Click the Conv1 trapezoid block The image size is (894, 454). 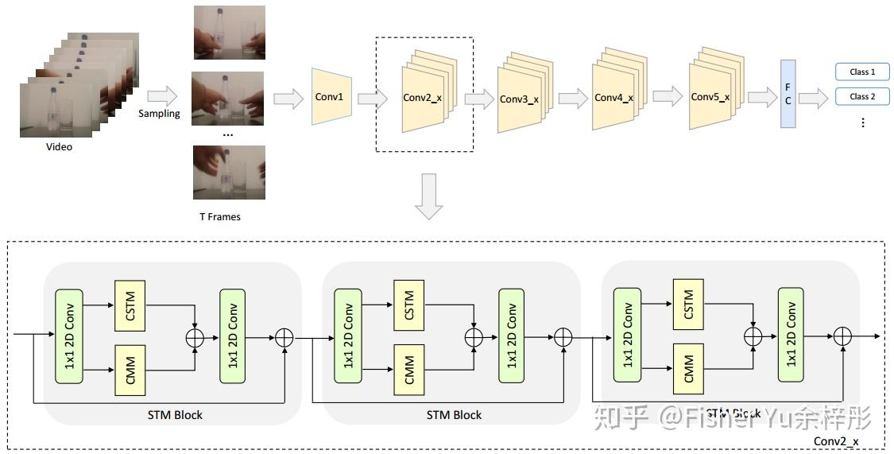click(329, 97)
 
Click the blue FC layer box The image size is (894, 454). click(788, 94)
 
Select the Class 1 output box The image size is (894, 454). click(862, 72)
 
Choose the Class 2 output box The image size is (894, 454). click(862, 97)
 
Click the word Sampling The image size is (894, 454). click(159, 114)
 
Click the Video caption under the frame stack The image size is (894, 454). click(59, 147)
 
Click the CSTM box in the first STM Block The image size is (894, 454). click(130, 305)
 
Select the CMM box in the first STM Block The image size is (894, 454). click(130, 369)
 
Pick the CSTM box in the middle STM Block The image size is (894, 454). click(409, 305)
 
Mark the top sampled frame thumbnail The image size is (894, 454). click(229, 33)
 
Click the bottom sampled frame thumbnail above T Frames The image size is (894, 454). click(229, 172)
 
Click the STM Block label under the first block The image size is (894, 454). click(175, 415)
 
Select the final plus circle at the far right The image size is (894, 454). click(842, 336)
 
